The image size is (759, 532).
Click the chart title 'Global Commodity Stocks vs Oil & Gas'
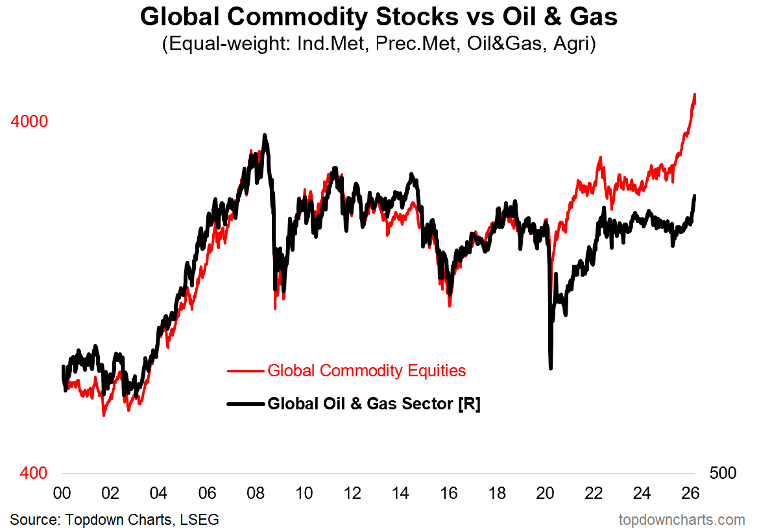pyautogui.click(x=379, y=18)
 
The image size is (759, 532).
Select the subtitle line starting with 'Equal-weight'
pyautogui.click(x=379, y=45)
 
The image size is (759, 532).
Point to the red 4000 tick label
pyautogui.click(x=29, y=121)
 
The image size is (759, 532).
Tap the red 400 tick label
pyautogui.click(x=34, y=473)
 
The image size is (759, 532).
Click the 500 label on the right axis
pyautogui.click(x=723, y=473)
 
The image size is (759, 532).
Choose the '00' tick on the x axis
pyautogui.click(x=62, y=492)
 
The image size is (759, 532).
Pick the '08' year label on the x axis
pyautogui.click(x=256, y=492)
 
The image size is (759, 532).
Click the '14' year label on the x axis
pyautogui.click(x=401, y=492)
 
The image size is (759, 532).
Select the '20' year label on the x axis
pyautogui.click(x=546, y=492)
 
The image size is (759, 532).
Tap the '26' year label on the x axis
pyautogui.click(x=691, y=492)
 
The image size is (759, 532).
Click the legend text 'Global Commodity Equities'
pyautogui.click(x=367, y=370)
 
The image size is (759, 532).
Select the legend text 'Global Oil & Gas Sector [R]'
pyautogui.click(x=374, y=404)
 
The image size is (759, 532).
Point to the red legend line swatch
pyautogui.click(x=245, y=371)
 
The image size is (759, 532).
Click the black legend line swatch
pyautogui.click(x=245, y=404)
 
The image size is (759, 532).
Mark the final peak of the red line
pyautogui.click(x=695, y=95)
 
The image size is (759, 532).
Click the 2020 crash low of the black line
pyautogui.click(x=551, y=368)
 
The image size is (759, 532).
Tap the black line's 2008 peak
pyautogui.click(x=264, y=136)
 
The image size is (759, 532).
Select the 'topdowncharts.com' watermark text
pyautogui.click(x=681, y=520)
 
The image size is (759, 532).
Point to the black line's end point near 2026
pyautogui.click(x=695, y=196)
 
